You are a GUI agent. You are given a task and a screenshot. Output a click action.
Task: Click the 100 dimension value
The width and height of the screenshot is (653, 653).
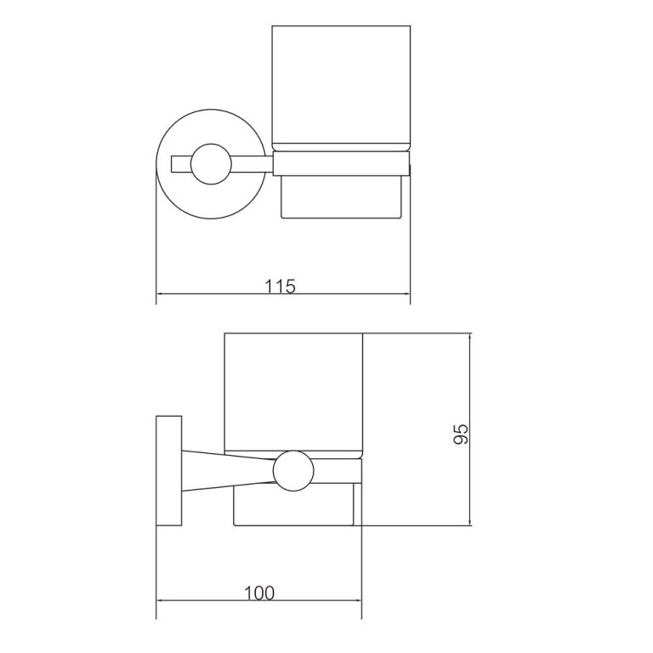click(x=258, y=593)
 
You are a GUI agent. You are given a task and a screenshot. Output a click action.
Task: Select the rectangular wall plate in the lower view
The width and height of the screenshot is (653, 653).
click(x=168, y=470)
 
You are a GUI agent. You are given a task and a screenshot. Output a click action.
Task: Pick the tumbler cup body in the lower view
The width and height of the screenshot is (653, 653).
click(x=293, y=387)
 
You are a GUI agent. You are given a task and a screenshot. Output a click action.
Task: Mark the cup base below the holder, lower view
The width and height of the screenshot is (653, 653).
click(x=293, y=508)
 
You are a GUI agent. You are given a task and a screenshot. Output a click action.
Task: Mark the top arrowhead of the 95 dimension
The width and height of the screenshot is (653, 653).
click(x=470, y=337)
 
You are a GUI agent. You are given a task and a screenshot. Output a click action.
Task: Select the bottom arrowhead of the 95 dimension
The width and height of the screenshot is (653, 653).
click(x=470, y=521)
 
